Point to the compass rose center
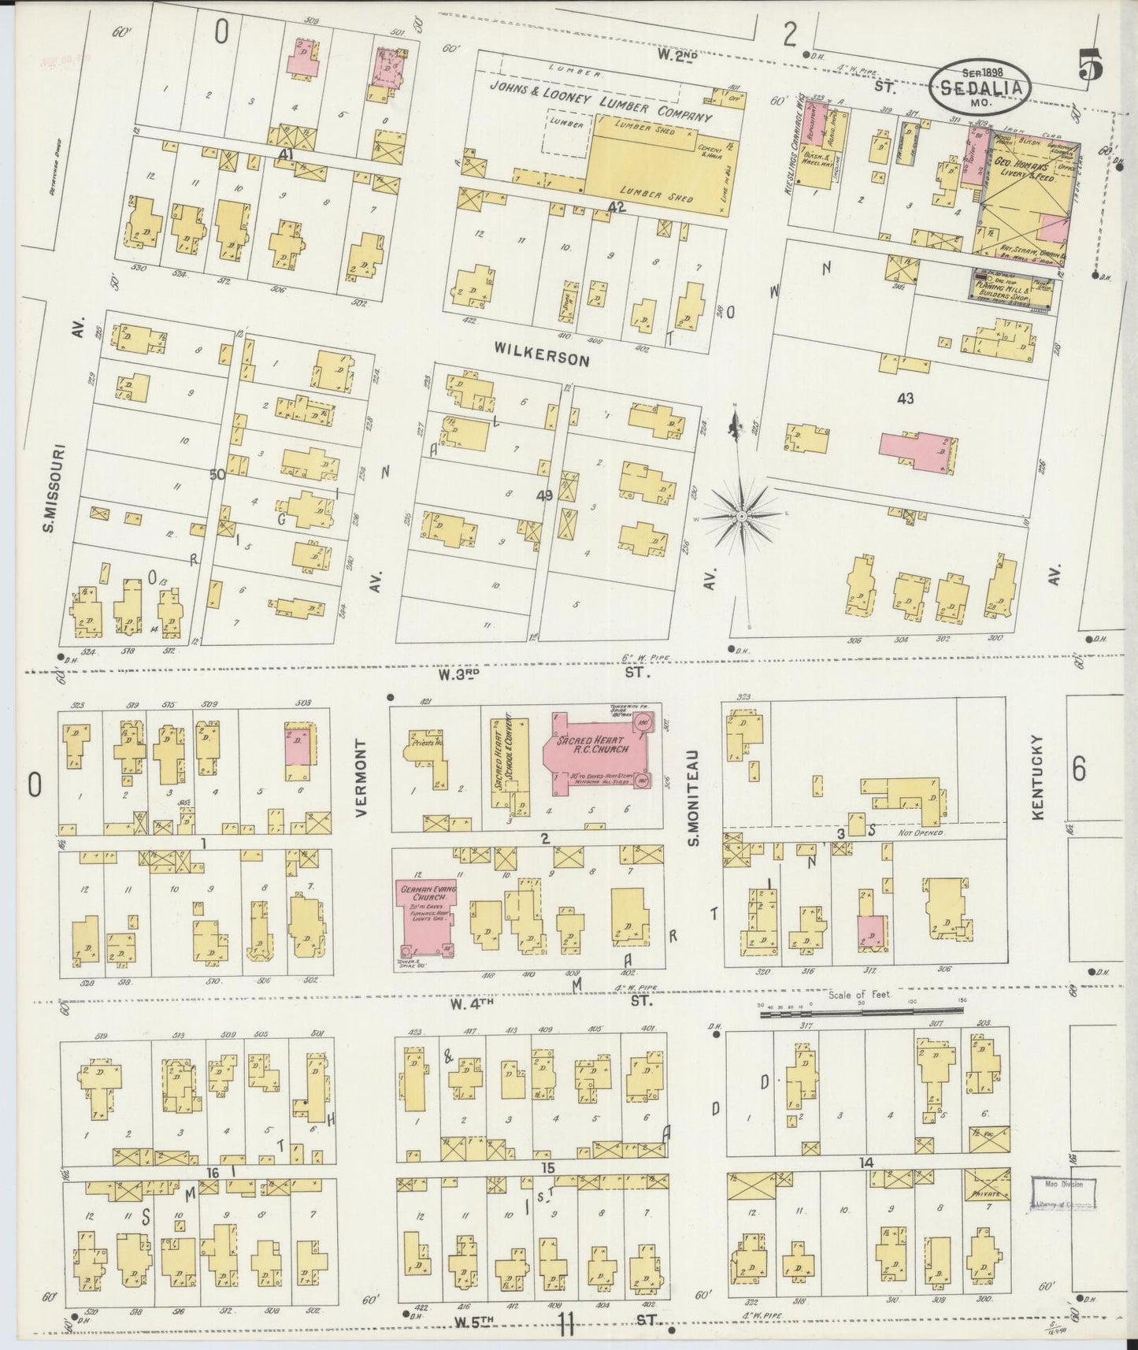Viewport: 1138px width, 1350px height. [741, 516]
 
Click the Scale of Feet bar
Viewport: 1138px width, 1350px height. [862, 1015]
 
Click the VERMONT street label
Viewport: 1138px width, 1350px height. [361, 777]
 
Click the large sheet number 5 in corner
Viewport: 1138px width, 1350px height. [1090, 65]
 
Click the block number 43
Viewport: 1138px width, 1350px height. [905, 399]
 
